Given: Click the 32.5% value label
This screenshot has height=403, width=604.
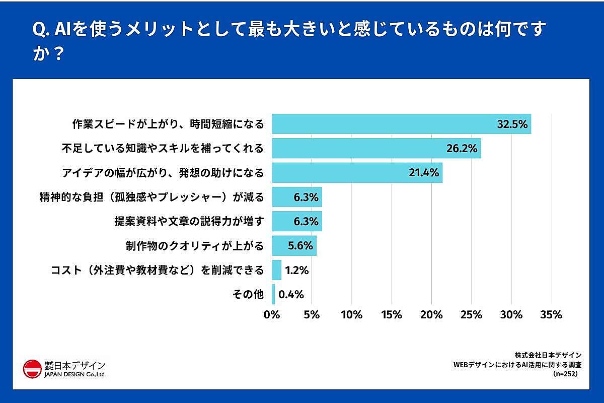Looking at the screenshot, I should (512, 124).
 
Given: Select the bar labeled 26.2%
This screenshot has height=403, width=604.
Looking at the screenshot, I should (376, 148).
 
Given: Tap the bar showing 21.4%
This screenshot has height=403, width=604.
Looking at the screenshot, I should (357, 173).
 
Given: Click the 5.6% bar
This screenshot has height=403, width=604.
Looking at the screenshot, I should (294, 246).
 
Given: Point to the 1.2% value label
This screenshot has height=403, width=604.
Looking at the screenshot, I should (296, 271).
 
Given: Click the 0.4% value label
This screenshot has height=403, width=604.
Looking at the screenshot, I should (291, 295).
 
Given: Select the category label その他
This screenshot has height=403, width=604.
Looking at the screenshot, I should (248, 295).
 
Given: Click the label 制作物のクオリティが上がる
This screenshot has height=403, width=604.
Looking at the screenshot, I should (194, 246).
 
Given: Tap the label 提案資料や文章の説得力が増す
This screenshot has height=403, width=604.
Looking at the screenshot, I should (189, 222).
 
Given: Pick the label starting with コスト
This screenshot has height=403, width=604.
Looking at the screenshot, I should (158, 271).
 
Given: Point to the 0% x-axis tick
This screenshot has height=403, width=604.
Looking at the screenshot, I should (272, 315).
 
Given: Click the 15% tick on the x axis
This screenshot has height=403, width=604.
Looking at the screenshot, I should (392, 315).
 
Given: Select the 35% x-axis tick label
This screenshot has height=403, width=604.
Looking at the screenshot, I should (551, 315).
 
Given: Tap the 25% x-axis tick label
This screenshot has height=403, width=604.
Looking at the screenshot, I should (471, 315).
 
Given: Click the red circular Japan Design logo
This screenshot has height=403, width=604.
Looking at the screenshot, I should (32, 369).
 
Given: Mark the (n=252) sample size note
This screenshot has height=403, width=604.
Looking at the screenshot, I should (565, 374).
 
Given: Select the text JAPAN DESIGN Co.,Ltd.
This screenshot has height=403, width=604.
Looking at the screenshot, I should (75, 374).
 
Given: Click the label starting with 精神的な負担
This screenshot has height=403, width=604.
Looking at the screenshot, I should (152, 197).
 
